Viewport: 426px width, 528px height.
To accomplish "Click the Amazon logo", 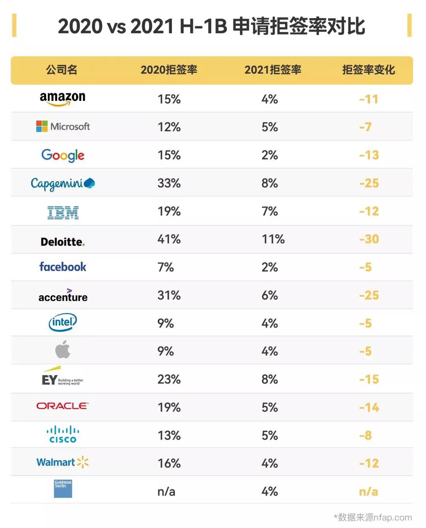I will click(62, 98).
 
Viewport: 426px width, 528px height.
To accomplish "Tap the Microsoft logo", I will click(63, 126).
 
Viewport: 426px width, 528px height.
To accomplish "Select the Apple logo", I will click(63, 349).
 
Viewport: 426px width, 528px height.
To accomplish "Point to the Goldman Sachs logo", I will click(63, 489).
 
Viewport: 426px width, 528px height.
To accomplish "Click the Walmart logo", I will click(63, 462).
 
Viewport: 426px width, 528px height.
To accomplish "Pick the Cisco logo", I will click(63, 434).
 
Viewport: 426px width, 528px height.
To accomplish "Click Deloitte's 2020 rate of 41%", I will click(169, 239).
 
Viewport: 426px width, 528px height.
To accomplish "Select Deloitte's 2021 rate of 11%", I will click(273, 239).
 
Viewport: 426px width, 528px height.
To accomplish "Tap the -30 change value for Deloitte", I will click(369, 239).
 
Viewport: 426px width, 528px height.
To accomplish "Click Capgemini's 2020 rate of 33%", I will click(169, 183).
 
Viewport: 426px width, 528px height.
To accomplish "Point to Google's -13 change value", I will click(369, 155).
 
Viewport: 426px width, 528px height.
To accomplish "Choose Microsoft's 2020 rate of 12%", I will click(169, 127).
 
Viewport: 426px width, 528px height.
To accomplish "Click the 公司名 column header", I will click(62, 70).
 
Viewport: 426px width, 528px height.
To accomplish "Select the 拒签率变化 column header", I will click(368, 70).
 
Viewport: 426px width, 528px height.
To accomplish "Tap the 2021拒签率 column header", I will click(273, 70).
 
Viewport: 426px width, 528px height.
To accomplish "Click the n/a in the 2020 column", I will click(166, 492).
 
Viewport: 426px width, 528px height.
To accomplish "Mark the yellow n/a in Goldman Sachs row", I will click(368, 492).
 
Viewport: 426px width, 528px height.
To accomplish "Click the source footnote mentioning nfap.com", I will click(372, 517).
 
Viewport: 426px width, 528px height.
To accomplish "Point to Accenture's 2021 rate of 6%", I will click(269, 295).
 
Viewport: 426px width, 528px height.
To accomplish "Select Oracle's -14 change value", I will click(369, 407).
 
